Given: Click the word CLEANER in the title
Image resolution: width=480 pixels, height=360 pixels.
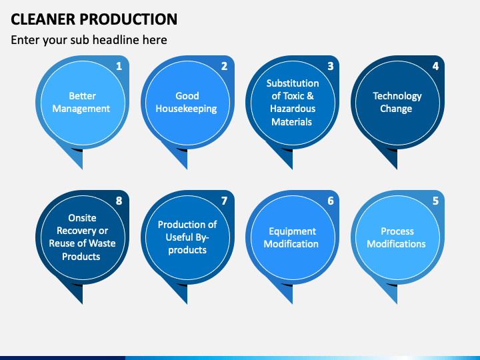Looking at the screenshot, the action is (43, 19).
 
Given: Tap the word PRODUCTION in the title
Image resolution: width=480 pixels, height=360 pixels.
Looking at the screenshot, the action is (129, 19).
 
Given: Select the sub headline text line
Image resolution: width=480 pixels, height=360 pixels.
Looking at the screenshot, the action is (89, 40).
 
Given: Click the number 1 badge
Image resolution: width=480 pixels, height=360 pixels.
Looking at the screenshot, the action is (119, 66).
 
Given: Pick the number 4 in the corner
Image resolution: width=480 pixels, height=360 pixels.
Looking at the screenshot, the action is (435, 66).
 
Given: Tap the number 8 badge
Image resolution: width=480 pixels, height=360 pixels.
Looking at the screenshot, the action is (119, 201).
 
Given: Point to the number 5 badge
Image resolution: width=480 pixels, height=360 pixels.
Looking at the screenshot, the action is (435, 201).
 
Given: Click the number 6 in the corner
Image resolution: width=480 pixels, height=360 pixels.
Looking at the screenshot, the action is (330, 201).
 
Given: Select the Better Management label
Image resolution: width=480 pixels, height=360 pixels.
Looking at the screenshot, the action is (81, 102).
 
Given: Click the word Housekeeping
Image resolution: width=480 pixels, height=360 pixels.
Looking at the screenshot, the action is (186, 109).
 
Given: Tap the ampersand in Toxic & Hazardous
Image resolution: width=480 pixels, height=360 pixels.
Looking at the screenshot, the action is (310, 96).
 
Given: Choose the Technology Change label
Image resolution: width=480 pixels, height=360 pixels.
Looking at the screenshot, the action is (397, 102).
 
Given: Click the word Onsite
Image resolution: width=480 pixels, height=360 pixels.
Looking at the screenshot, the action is (82, 217).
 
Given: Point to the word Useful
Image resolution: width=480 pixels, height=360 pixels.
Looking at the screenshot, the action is (179, 237).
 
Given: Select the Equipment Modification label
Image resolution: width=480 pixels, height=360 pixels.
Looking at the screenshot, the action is (291, 237).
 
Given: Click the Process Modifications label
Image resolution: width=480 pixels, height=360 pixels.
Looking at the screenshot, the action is (397, 237).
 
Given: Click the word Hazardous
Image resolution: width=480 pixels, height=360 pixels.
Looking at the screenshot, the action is (293, 109).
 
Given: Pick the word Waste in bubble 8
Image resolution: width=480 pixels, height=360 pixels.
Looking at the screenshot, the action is (102, 243).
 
